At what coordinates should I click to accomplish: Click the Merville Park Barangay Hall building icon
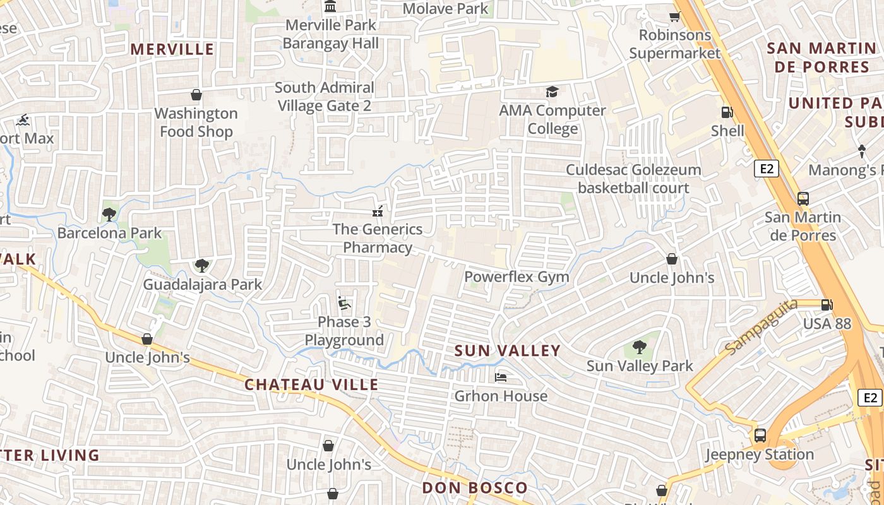330,7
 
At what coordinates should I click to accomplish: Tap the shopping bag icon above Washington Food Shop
196,95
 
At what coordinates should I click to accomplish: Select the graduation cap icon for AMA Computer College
552,92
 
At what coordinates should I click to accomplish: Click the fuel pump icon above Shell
727,112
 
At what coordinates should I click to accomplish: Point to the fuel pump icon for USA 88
827,305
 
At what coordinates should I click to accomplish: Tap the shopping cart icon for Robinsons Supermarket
674,16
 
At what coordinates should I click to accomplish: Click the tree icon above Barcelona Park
109,214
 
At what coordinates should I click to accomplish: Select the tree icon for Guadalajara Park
201,266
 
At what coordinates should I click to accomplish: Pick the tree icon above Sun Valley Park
639,347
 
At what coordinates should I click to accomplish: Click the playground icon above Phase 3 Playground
344,303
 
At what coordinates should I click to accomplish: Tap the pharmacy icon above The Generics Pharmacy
378,211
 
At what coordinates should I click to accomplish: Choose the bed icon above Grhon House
501,377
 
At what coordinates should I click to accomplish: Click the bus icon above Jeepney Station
760,436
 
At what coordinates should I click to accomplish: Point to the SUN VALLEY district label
507,350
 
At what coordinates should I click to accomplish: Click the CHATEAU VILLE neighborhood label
311,384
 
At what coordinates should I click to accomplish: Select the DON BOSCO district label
474,487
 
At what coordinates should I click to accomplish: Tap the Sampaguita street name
760,328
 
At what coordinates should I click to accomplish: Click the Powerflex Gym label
517,276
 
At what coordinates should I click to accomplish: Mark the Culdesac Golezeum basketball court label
633,179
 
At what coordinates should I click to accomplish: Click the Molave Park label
445,8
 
